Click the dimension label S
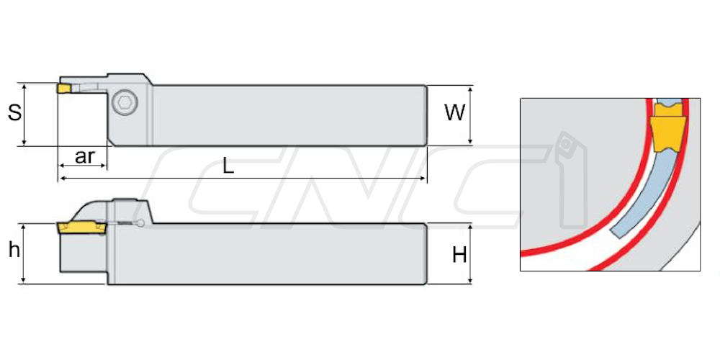[x=14, y=112]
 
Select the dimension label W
[x=454, y=112]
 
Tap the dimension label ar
[x=84, y=156]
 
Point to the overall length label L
[x=228, y=166]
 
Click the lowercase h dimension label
[x=14, y=251]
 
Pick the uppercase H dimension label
[x=459, y=255]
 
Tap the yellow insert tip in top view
[x=64, y=88]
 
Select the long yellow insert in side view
[x=81, y=228]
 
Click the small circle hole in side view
[x=141, y=224]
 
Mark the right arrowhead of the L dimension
[x=423, y=178]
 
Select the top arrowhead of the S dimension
[x=24, y=87]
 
